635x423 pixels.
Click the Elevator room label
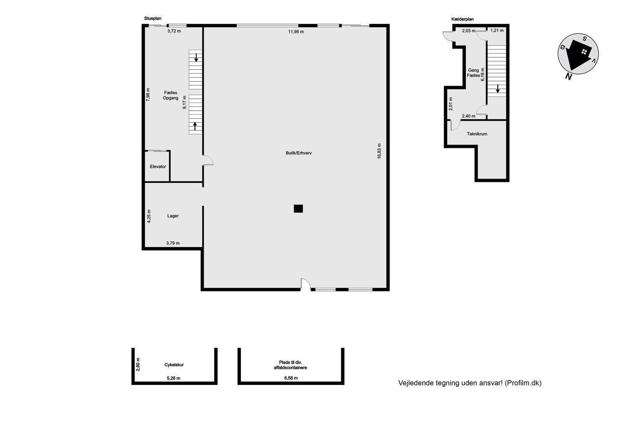tap(158, 166)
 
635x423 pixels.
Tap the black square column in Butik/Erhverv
tap(298, 209)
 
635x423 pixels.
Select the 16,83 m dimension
tap(379, 151)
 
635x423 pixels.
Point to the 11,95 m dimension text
tap(296, 32)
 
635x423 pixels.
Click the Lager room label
tap(173, 216)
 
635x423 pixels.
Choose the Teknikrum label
tap(477, 134)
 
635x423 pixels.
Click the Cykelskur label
tap(174, 365)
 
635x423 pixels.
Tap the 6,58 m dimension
tap(291, 378)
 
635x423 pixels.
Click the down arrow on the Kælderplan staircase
tap(498, 89)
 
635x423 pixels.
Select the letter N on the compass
tap(568, 77)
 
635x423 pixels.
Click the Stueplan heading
tap(152, 19)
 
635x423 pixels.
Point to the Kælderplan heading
tap(462, 19)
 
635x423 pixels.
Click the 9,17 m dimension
tap(185, 102)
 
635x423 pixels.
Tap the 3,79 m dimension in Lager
tap(173, 243)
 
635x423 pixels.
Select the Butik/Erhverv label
tap(299, 153)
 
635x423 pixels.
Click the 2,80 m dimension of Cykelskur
tap(138, 364)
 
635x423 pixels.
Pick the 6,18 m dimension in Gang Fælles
tap(483, 74)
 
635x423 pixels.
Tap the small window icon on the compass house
tap(584, 52)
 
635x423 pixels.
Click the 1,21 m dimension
tap(497, 30)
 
